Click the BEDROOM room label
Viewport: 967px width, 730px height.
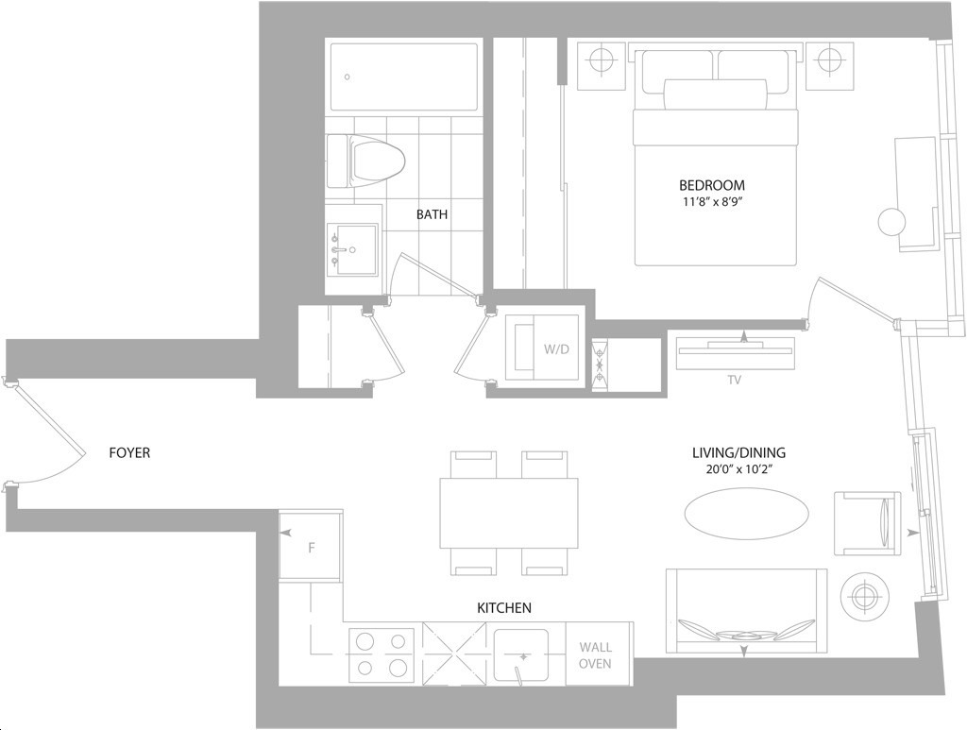[712, 185]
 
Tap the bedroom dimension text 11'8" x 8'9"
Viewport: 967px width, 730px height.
[712, 201]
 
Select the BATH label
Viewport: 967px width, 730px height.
[432, 214]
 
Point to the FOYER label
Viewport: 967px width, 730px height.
[129, 453]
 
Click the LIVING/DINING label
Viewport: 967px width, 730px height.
[738, 453]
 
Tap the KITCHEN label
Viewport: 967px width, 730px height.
[504, 608]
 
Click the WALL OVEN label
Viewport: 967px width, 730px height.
[595, 655]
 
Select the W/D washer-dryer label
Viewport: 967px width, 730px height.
[556, 349]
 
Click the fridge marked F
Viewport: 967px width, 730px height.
[310, 545]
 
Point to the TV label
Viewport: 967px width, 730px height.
[734, 381]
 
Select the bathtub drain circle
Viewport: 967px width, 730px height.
[348, 77]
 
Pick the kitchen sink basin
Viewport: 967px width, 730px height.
[521, 654]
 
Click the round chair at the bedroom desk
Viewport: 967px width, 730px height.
[892, 222]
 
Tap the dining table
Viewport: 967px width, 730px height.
[509, 513]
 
